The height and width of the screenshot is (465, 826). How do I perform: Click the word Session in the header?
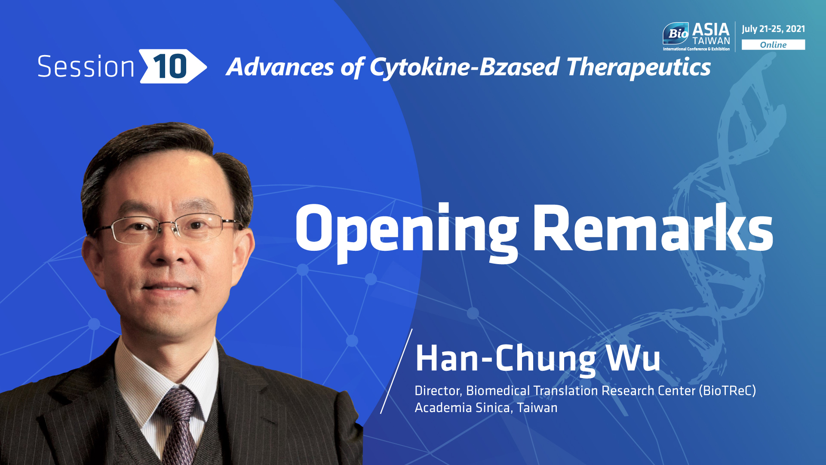[x=86, y=67]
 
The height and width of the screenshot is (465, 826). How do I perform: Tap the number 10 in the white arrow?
[x=170, y=67]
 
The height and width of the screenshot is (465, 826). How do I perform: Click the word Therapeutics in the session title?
[x=639, y=68]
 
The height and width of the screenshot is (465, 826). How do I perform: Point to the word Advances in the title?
[x=280, y=67]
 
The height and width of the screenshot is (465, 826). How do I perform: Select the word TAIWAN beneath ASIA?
[x=711, y=41]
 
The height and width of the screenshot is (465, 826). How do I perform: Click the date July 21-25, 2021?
[x=773, y=29]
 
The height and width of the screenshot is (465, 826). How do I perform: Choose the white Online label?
[x=773, y=45]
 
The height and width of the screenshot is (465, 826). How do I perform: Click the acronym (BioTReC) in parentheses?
[x=728, y=391]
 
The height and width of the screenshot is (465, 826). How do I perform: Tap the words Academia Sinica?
[x=464, y=407]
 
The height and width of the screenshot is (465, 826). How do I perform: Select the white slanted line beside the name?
[x=396, y=371]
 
